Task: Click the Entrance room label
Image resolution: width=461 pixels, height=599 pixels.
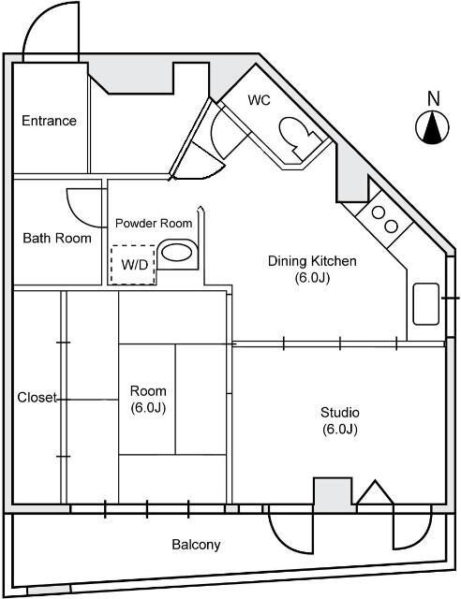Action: coord(49,121)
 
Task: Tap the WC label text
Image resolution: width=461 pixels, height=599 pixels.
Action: coord(260,101)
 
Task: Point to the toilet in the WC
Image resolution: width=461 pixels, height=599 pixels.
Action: coord(301,139)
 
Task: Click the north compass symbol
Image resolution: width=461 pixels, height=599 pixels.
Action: coord(432,128)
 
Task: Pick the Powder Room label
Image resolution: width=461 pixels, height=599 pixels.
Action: coord(154,224)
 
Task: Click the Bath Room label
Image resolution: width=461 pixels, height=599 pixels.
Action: coord(57,239)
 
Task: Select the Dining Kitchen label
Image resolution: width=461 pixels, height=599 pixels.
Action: coord(312,261)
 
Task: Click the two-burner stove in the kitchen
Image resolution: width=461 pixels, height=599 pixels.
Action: coord(383,219)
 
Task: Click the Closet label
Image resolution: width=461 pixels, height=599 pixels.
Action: coord(37,398)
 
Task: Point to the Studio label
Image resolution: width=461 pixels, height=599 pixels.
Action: coord(339,413)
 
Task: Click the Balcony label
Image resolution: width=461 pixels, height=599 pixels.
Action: coord(196,545)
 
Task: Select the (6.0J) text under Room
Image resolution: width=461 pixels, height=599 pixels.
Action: coord(148,408)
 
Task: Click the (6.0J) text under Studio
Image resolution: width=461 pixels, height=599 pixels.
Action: coord(339,430)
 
